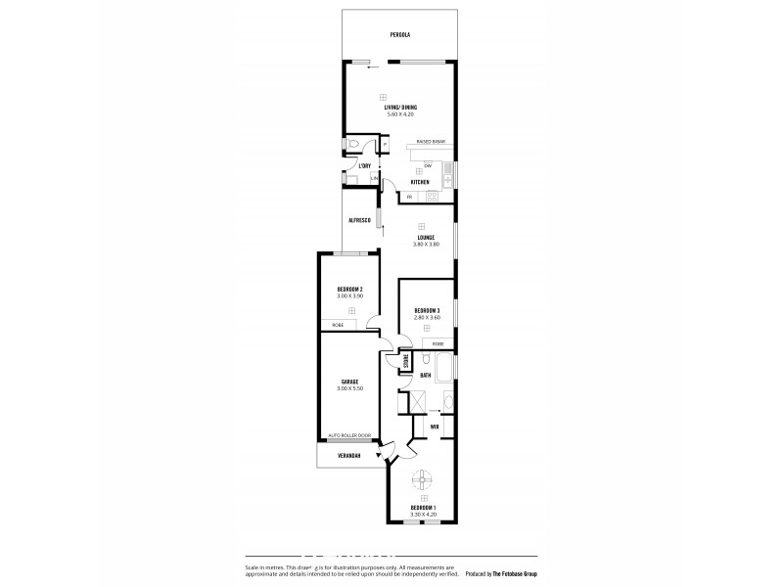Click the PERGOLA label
tap(398, 34)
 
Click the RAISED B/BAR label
tap(432, 141)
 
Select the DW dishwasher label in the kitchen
tap(428, 164)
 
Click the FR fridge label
tap(408, 198)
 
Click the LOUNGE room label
tap(426, 237)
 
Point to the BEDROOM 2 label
tap(350, 289)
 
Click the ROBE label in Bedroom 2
tap(337, 325)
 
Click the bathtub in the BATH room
tap(445, 370)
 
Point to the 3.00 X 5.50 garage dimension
tap(350, 388)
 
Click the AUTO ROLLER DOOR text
tap(350, 434)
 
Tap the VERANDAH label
tap(350, 456)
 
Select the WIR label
tap(434, 427)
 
